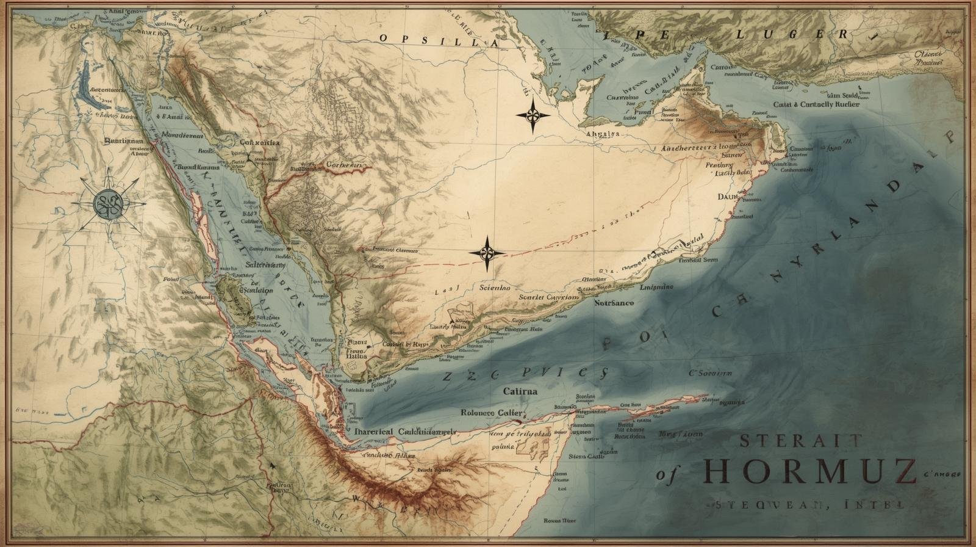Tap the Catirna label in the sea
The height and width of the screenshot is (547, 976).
[520, 391]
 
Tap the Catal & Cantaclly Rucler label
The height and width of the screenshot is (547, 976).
[816, 104]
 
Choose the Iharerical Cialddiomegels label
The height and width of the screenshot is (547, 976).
[404, 431]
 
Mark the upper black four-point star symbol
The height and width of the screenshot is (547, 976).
[533, 115]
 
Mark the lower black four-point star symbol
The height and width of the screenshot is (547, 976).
[487, 253]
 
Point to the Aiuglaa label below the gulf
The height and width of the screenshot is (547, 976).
[602, 134]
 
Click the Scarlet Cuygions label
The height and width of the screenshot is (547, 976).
[548, 297]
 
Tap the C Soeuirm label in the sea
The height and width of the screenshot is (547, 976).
[711, 373]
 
